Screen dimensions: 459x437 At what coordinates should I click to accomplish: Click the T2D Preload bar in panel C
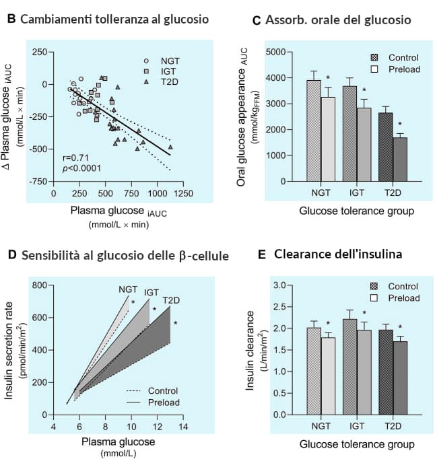pyautogui.click(x=401, y=160)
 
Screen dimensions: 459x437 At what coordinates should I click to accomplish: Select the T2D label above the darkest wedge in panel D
pyautogui.click(x=171, y=299)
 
